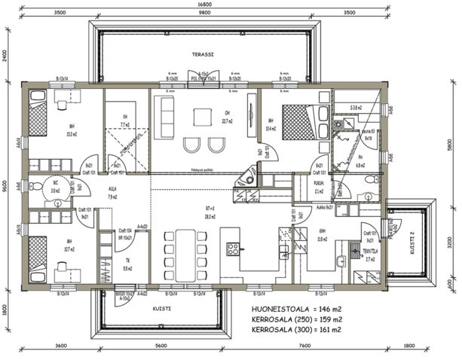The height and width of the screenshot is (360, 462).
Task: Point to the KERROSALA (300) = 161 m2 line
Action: tap(296, 329)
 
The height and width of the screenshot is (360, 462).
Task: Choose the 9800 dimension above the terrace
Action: tap(200, 13)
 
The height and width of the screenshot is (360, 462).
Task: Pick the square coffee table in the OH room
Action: tap(202, 117)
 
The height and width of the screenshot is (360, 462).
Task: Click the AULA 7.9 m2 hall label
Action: tap(112, 194)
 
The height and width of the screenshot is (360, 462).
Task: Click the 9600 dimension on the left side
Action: tap(5, 185)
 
